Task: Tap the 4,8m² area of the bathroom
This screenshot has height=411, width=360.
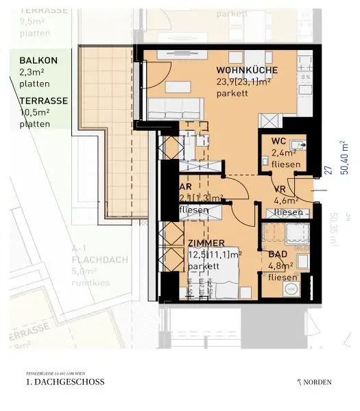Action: pos(282,266)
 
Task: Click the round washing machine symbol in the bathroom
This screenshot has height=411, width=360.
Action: pos(290,290)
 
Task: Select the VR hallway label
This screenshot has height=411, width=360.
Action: pos(280,190)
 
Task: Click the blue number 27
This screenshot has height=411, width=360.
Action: pos(328,170)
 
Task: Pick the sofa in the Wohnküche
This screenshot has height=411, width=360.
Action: pos(176,108)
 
